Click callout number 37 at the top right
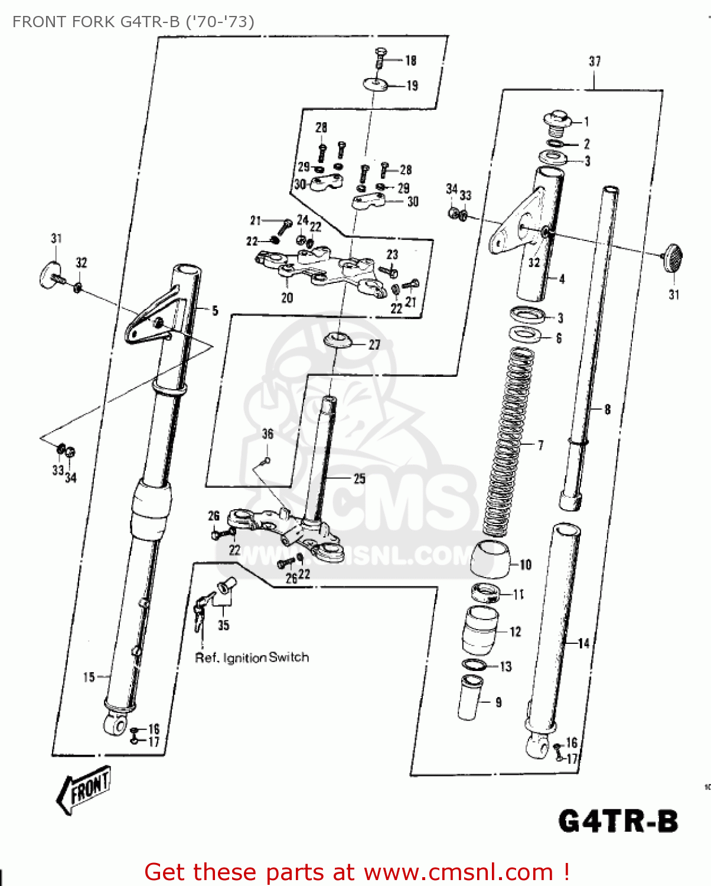(595, 61)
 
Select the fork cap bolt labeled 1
(556, 120)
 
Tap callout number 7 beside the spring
(540, 445)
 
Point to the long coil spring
(508, 443)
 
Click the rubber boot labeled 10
(491, 559)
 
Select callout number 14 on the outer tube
(583, 643)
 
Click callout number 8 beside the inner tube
(607, 409)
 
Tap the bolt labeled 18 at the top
(381, 58)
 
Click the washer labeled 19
(376, 85)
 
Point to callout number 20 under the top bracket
(287, 298)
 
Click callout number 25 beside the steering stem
(359, 478)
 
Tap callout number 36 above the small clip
(268, 434)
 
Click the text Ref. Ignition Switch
(252, 657)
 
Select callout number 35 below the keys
(223, 625)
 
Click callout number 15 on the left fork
(89, 677)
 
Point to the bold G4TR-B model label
(618, 821)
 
